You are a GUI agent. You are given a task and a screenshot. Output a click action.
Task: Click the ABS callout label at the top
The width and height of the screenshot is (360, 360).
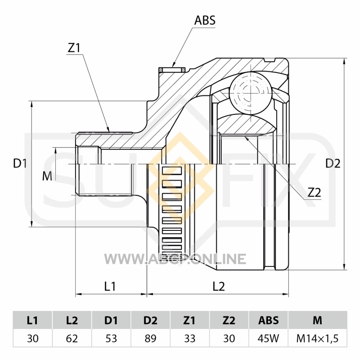coord(205,20)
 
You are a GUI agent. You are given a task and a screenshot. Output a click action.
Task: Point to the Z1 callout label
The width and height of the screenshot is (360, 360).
coord(74,48)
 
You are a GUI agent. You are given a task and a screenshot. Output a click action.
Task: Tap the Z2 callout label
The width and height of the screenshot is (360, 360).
coord(314,193)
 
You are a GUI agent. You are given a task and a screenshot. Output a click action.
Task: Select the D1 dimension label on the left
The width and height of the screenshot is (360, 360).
coord(20,163)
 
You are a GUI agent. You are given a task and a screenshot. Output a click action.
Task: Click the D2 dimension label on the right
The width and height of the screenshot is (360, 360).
coord(333,163)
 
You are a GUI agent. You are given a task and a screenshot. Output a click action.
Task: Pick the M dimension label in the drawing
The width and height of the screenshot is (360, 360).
coord(47,176)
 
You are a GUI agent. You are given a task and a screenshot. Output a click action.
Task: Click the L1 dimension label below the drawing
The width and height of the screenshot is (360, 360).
coord(110,286)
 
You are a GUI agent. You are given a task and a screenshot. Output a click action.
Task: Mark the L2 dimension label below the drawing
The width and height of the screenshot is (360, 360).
coord(219,286)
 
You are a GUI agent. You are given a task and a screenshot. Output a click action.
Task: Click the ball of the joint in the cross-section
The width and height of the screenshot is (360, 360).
coord(250,93)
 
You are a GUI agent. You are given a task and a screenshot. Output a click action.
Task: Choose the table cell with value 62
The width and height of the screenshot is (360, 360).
coord(72,338)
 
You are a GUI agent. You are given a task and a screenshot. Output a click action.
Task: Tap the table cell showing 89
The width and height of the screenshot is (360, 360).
coord(150,338)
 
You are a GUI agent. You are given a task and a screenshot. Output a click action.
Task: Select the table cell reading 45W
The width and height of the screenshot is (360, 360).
coord(268,338)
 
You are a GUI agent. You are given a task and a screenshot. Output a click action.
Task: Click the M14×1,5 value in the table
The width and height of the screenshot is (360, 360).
coord(318,338)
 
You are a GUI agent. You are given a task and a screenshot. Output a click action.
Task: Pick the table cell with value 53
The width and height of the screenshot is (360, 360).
coord(111,338)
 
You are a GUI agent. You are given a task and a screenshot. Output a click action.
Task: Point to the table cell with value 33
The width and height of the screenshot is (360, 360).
coord(189,338)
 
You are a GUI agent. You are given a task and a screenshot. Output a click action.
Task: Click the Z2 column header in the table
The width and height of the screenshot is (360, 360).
coord(229,320)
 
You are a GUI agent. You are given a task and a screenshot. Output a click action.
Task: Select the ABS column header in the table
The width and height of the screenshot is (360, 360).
coord(268,320)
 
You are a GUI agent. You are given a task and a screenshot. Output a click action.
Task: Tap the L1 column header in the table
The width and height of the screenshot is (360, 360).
coord(32,320)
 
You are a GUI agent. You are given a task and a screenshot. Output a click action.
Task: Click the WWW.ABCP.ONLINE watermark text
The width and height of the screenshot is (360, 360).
coord(175,259)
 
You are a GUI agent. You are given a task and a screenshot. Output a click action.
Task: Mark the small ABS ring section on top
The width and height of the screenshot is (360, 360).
coord(172,70)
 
